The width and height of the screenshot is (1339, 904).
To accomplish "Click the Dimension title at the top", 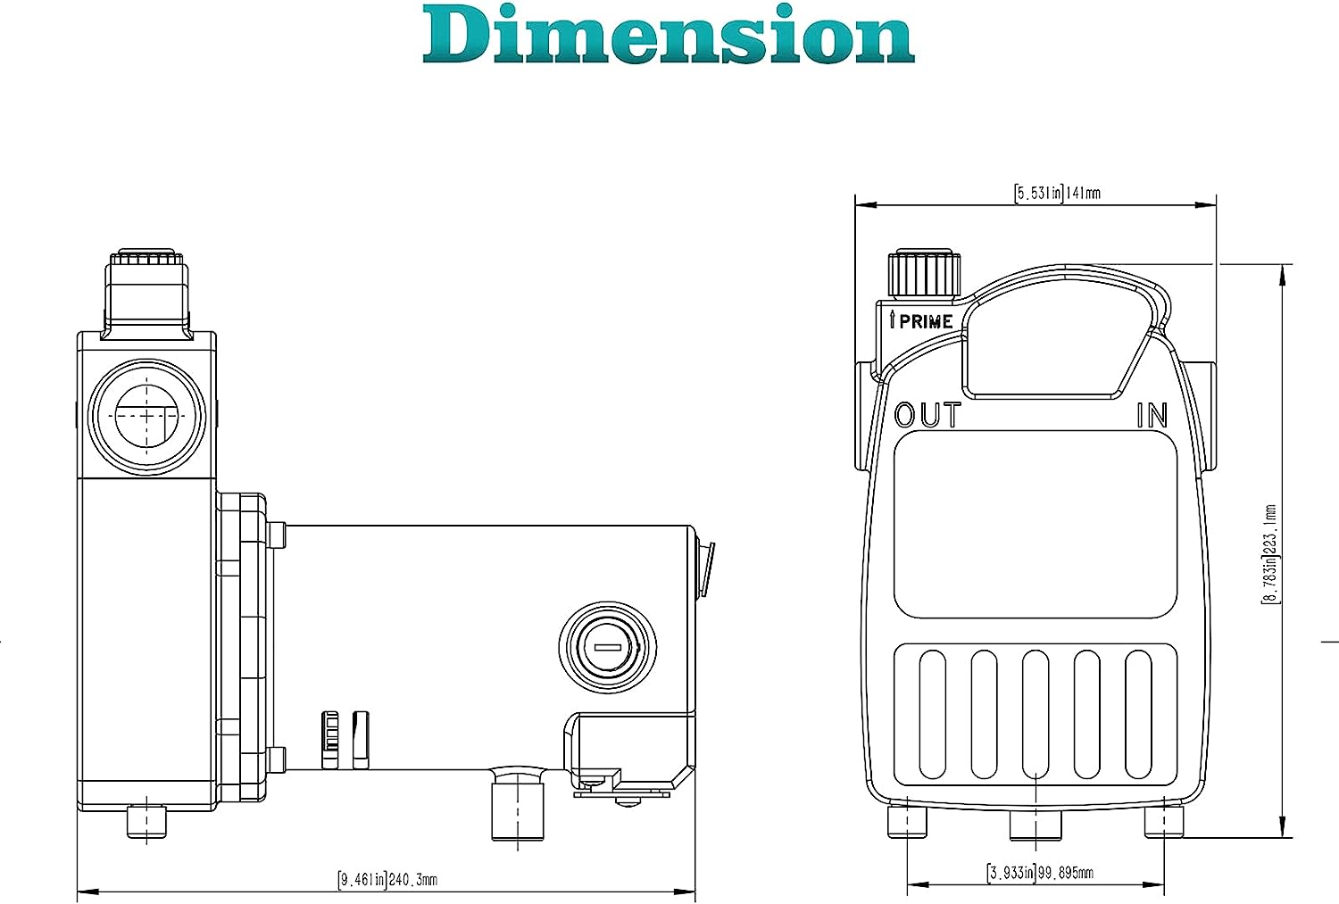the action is [669, 34].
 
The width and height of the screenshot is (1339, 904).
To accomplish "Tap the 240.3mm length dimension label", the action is [387, 880].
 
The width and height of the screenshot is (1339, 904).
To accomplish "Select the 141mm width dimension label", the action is [1057, 194].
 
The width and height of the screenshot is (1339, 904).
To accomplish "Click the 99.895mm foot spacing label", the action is [1040, 873].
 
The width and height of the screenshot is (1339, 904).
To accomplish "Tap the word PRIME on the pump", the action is [926, 322].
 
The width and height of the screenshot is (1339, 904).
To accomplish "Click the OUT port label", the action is [927, 415].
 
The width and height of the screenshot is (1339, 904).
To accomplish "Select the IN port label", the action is [1152, 415].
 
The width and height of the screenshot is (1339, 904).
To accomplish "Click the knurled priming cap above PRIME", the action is [924, 274].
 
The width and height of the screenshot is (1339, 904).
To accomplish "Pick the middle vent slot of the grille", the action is [1035, 715].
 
